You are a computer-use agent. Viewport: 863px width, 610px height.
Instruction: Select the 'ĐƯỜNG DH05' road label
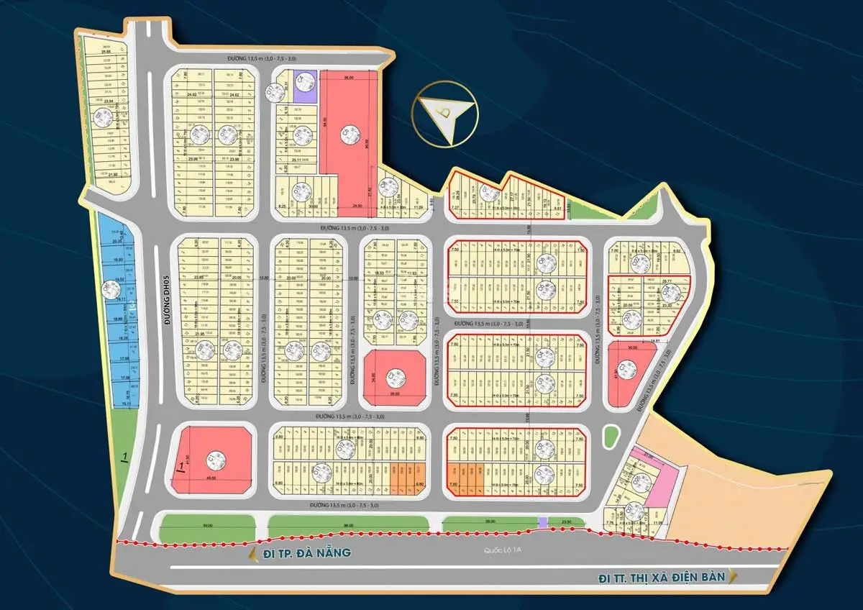(x=165, y=299)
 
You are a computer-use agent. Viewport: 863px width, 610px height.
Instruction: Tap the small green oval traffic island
(x=611, y=436)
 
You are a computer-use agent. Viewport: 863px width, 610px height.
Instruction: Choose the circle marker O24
(x=669, y=292)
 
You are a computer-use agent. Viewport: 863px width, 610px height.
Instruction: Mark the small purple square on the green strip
(x=543, y=522)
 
